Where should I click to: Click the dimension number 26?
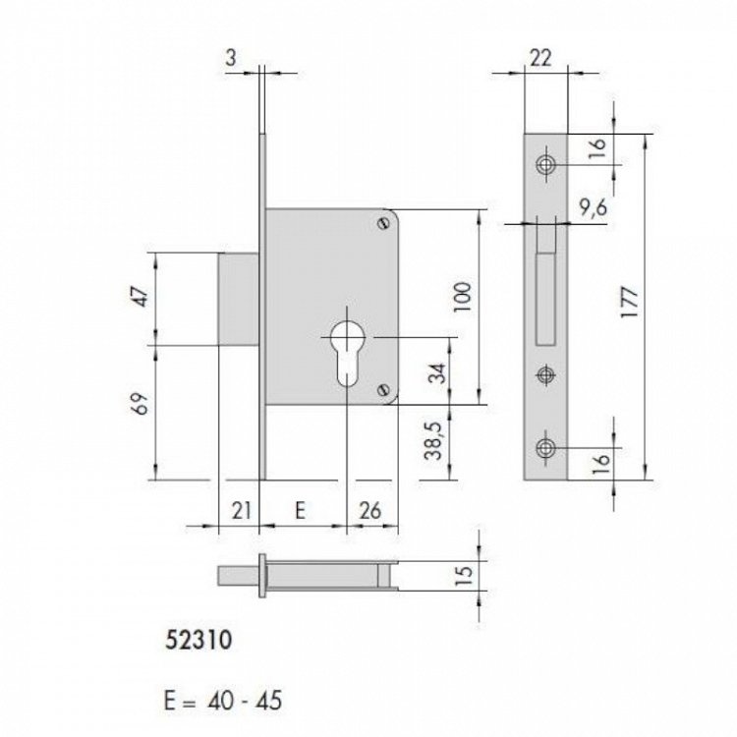click(371, 509)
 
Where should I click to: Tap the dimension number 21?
click(238, 509)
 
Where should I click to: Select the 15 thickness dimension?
click(466, 573)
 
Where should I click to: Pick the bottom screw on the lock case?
click(382, 390)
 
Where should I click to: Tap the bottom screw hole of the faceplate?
click(544, 448)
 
